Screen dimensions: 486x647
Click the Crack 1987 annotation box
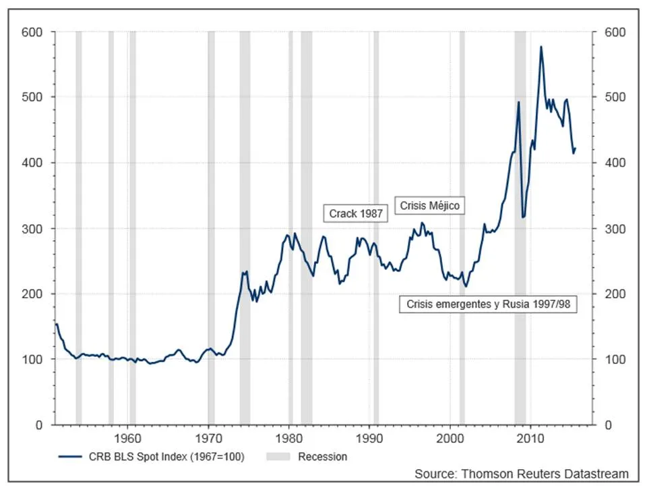(356, 213)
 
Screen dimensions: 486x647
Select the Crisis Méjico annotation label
(430, 205)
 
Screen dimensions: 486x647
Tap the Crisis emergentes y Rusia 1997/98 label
(489, 304)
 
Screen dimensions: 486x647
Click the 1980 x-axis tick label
(289, 437)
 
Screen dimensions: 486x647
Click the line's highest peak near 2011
(541, 47)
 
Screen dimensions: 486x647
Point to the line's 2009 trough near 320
(523, 217)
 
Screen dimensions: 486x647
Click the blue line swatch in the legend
(70, 457)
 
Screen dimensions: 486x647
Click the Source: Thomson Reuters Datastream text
(521, 474)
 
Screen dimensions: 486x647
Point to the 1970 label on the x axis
(209, 437)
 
